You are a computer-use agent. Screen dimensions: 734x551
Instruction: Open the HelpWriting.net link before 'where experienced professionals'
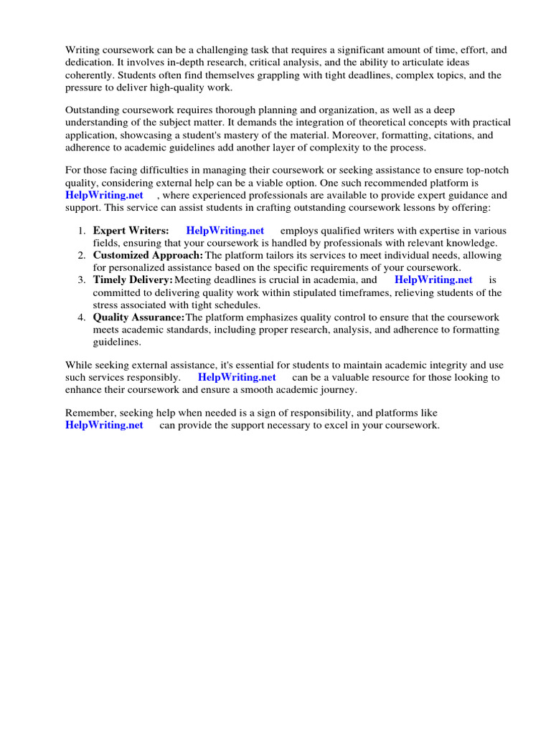point(104,195)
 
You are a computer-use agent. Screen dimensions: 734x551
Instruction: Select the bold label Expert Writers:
point(131,231)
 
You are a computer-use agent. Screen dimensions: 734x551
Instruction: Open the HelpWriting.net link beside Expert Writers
point(225,231)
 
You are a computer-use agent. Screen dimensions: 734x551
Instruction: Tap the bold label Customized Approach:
point(148,255)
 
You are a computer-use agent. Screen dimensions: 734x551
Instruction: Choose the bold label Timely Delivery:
point(133,280)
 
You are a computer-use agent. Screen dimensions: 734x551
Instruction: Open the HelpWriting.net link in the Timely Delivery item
point(433,280)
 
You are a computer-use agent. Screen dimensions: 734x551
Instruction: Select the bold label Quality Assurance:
point(138,317)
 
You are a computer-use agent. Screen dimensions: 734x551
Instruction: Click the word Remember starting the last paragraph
point(90,413)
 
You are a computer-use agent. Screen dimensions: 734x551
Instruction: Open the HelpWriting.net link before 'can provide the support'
point(104,426)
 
